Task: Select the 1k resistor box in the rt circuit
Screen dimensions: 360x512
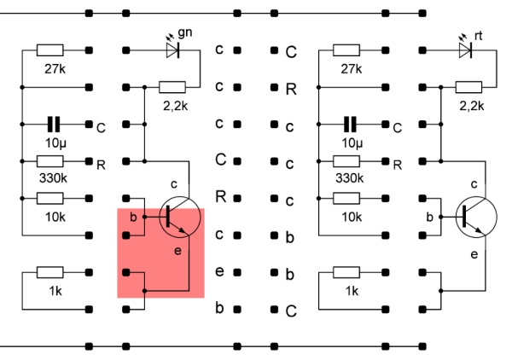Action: tap(348, 272)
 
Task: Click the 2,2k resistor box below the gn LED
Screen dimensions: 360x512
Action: tap(173, 86)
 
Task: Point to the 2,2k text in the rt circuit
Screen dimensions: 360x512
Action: tap(470, 105)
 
